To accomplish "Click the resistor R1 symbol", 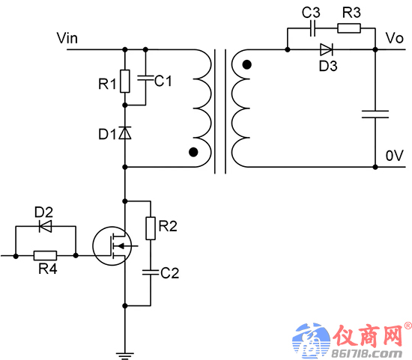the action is (x=125, y=81).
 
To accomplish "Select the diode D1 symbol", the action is (x=125, y=133).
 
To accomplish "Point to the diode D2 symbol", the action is (x=45, y=226).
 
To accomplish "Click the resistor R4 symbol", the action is (x=45, y=255).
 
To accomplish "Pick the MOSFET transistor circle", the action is (x=112, y=245).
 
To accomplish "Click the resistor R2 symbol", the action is (x=151, y=228).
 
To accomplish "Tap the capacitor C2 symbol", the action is (x=151, y=272).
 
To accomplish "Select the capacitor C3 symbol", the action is (x=312, y=28).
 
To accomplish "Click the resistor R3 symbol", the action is (x=349, y=28).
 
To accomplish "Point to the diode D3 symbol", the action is (x=327, y=49).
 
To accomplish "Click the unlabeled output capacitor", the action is (x=375, y=115).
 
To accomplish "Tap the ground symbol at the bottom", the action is (x=125, y=356).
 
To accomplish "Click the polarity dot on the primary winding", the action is (x=193, y=152).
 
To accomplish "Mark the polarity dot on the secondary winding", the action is (x=246, y=64).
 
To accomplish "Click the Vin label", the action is (x=67, y=38).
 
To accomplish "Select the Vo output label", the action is (x=394, y=38).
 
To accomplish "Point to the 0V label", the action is (x=394, y=156).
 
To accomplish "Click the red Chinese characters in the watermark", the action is (x=369, y=335).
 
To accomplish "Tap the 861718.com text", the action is (x=367, y=353).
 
